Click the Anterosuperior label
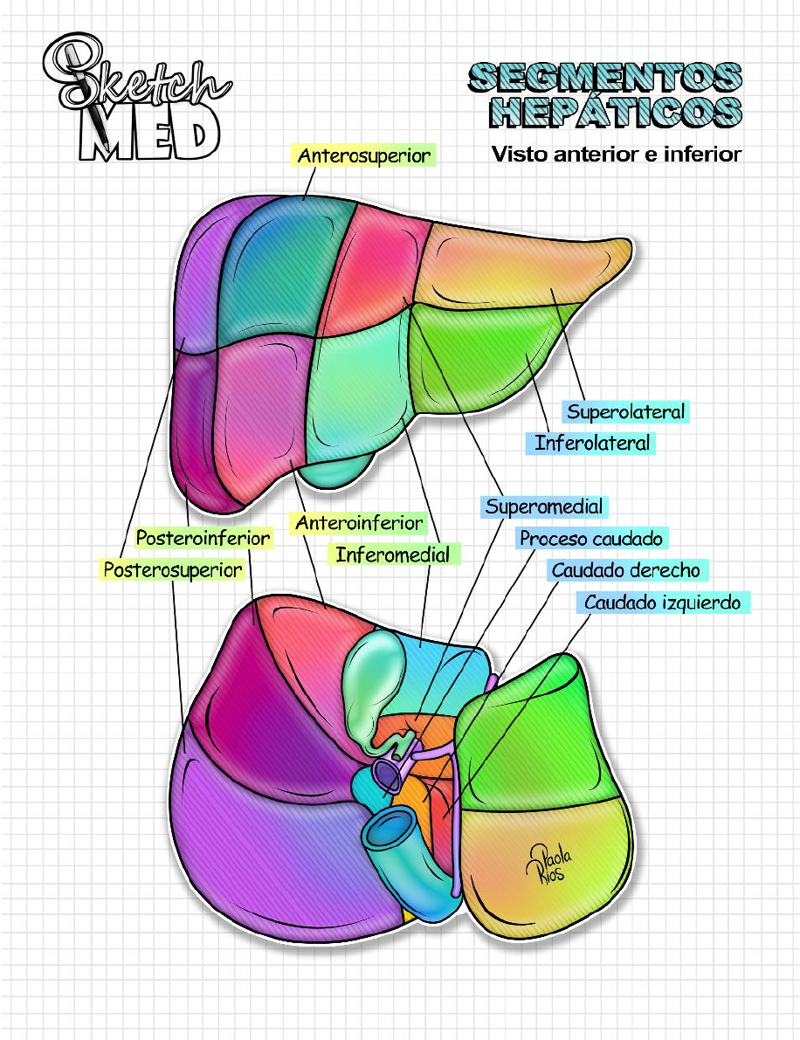point(363,156)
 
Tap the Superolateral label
point(626,411)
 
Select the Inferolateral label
point(592,443)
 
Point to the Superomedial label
point(544,506)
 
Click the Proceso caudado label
point(591,539)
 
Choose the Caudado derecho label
point(625,571)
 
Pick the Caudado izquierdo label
point(662,603)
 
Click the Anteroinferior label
point(359,524)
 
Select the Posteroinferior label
point(203,538)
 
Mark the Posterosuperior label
point(173,569)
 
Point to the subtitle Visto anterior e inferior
point(616,155)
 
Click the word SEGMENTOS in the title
point(604,77)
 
